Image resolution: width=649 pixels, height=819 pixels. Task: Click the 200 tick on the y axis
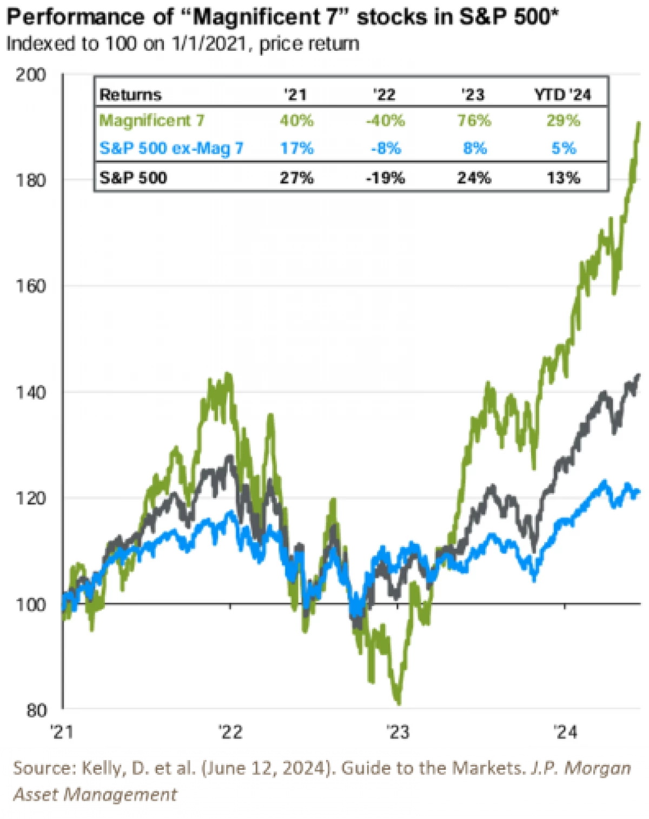(x=31, y=75)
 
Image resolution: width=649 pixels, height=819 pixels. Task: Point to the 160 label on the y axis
(x=31, y=286)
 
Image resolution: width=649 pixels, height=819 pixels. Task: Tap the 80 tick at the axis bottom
(x=36, y=710)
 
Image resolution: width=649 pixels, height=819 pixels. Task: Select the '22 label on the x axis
(x=230, y=732)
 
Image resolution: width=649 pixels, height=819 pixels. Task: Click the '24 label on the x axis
(x=565, y=732)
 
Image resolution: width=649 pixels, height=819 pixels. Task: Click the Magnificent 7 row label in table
(x=152, y=120)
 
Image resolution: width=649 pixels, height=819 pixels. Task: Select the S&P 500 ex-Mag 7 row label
(x=171, y=148)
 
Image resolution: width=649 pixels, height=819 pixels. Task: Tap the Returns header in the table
(x=130, y=95)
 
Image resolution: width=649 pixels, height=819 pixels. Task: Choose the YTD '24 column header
(x=562, y=95)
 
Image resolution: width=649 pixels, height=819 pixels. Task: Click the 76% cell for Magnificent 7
(x=474, y=120)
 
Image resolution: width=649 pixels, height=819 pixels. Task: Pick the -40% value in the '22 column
(x=385, y=120)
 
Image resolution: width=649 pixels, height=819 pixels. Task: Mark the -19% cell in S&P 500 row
(x=385, y=178)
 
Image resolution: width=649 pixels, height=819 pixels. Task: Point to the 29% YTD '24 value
(x=563, y=120)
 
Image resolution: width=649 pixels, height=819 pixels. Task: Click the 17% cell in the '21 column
(x=296, y=148)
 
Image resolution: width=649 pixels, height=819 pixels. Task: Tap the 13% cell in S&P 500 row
(x=563, y=178)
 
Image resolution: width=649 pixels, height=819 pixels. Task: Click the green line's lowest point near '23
(x=399, y=703)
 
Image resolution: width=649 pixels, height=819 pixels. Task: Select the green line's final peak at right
(x=639, y=123)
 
